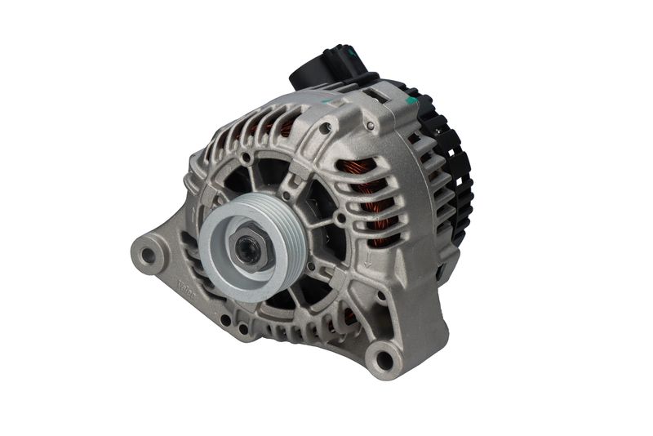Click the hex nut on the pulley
tap(248, 251)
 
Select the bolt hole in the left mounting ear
tap(148, 255)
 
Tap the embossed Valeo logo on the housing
tap(187, 287)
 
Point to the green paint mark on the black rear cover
tap(412, 100)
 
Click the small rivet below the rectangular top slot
tap(370, 125)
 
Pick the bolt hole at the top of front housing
tap(325, 128)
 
